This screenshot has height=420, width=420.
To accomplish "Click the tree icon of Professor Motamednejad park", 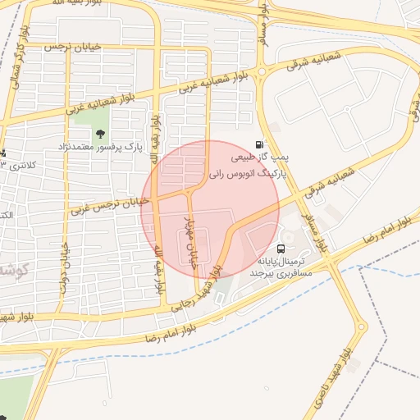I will click(x=100, y=134).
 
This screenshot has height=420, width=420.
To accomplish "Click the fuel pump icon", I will click(x=260, y=144).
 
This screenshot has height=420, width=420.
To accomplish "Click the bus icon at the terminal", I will click(x=281, y=248).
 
